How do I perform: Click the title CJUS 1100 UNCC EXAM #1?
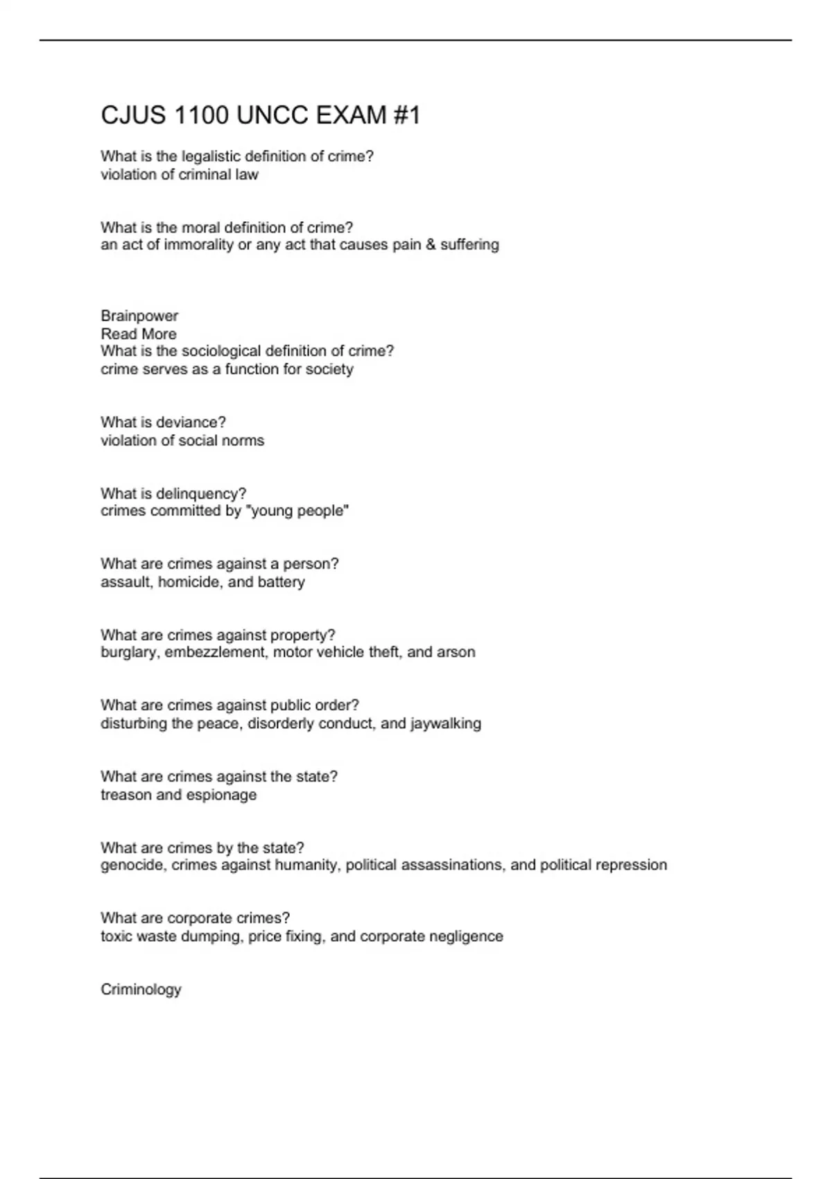(260, 114)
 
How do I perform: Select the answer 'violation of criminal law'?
(179, 175)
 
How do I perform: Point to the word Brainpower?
(139, 316)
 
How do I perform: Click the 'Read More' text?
(139, 334)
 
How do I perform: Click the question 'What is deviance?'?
(163, 422)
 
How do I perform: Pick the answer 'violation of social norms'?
(182, 440)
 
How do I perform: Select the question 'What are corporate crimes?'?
(195, 918)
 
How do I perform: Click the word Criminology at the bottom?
(141, 990)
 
